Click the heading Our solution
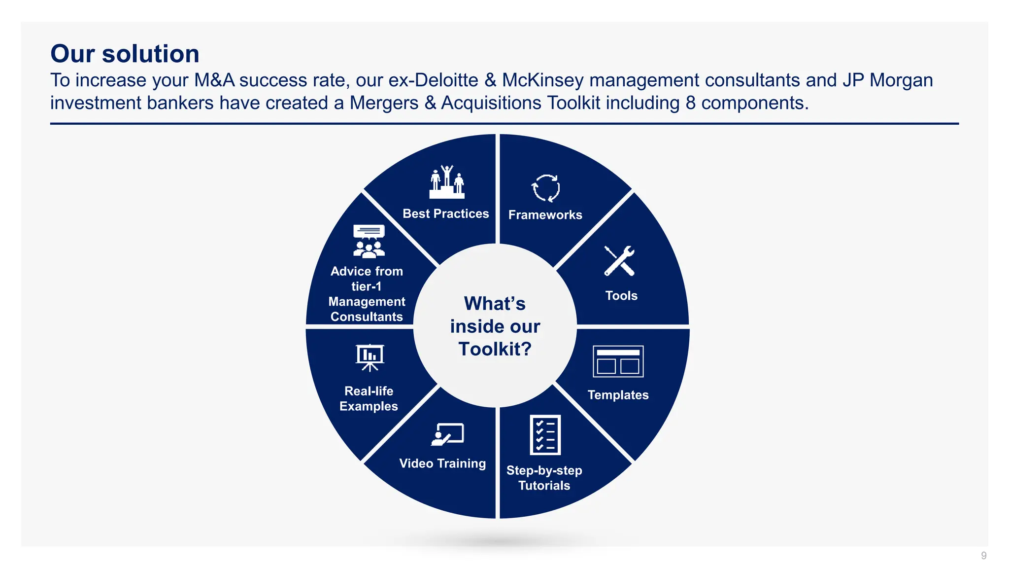(x=125, y=54)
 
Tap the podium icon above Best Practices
(x=447, y=182)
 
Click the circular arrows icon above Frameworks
(x=545, y=188)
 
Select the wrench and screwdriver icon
(x=619, y=260)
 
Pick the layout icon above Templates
(x=618, y=361)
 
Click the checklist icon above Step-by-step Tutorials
(x=545, y=434)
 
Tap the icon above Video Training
(x=447, y=434)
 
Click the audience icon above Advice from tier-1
(x=369, y=241)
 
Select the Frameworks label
(x=545, y=215)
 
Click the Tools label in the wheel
(x=621, y=296)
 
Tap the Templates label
(x=618, y=395)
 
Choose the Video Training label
(x=442, y=463)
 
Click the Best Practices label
(x=445, y=213)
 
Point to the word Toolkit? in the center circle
(x=495, y=349)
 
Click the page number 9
(x=983, y=556)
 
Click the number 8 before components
(x=690, y=103)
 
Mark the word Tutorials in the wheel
(x=544, y=486)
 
